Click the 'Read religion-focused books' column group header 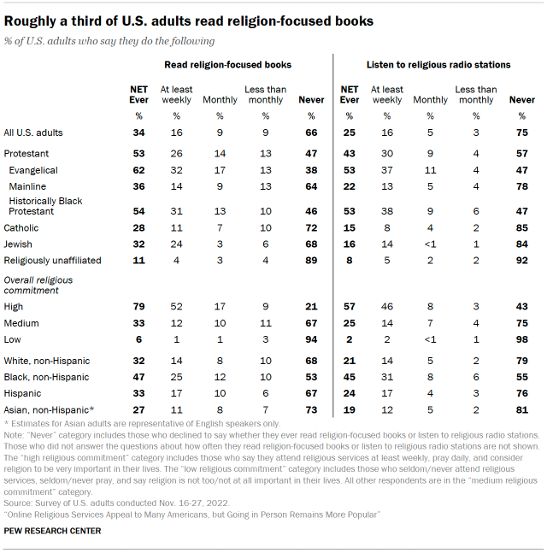(227, 64)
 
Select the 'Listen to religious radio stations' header (438, 64)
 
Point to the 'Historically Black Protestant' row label (43, 205)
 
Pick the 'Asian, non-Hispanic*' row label (49, 410)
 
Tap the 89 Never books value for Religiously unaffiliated (311, 259)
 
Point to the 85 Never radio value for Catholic (522, 228)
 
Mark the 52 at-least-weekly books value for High (177, 307)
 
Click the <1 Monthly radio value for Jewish (430, 244)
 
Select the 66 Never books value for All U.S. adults (311, 132)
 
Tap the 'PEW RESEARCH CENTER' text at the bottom (52, 531)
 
